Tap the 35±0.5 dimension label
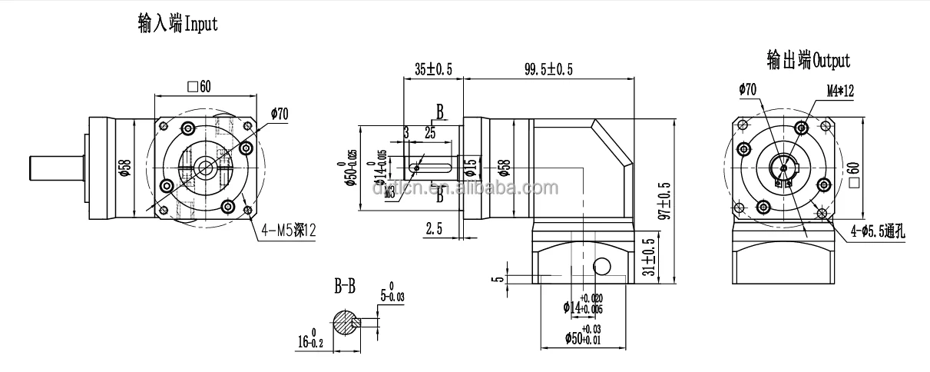433,69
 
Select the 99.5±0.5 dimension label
548,69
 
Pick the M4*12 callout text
840,91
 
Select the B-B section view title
345,288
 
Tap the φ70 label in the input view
279,115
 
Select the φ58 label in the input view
125,168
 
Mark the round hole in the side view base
601,265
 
